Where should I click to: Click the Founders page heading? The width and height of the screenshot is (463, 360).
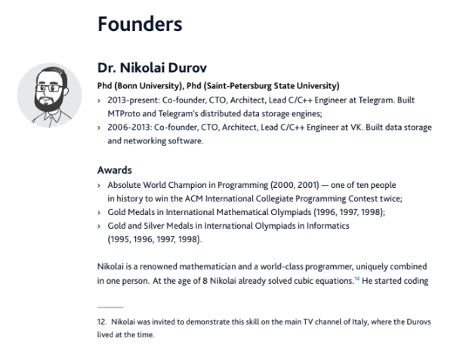pos(140,24)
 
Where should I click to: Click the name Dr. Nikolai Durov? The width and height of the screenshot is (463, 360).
pos(152,68)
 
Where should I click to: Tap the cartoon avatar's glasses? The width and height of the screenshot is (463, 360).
pos(49,88)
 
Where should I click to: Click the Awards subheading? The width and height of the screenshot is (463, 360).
pos(115,171)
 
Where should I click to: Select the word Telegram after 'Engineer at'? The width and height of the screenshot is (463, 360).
pos(376,100)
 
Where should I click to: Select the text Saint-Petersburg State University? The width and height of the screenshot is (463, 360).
pos(271,86)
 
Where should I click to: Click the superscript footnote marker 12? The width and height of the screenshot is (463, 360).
pos(357,278)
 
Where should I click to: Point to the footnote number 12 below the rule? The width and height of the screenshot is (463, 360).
pos(101,322)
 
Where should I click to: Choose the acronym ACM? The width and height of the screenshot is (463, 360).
pos(193,198)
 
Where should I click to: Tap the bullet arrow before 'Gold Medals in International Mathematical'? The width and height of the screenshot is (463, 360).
pos(99,213)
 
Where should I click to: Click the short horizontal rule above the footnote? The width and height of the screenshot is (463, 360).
pos(110,307)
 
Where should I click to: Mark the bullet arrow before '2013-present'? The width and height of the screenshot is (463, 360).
pos(99,100)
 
